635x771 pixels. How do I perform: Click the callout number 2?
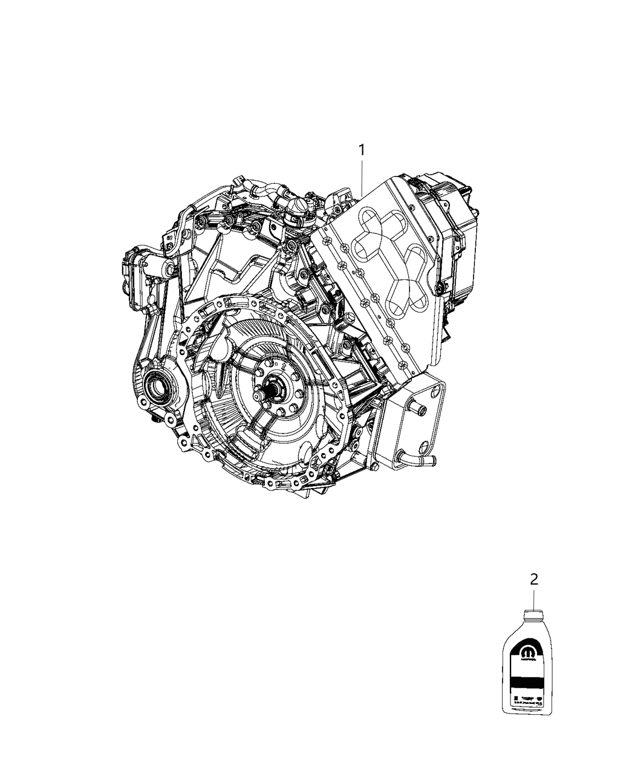533,579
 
